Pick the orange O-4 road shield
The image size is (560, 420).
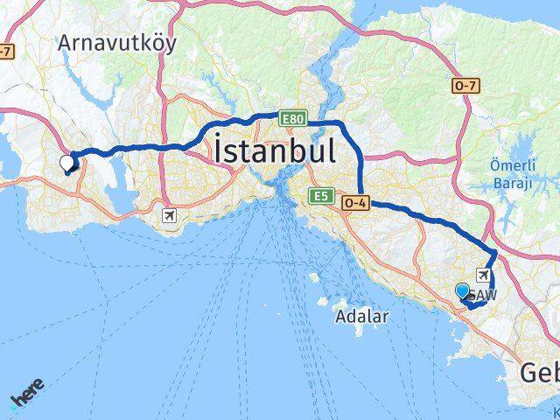point(355,202)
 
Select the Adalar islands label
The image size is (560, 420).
point(360,318)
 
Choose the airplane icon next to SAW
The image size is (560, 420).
point(483,275)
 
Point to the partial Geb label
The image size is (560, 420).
point(539,374)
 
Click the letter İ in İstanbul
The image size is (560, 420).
point(219,150)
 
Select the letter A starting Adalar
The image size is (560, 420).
point(340,318)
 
